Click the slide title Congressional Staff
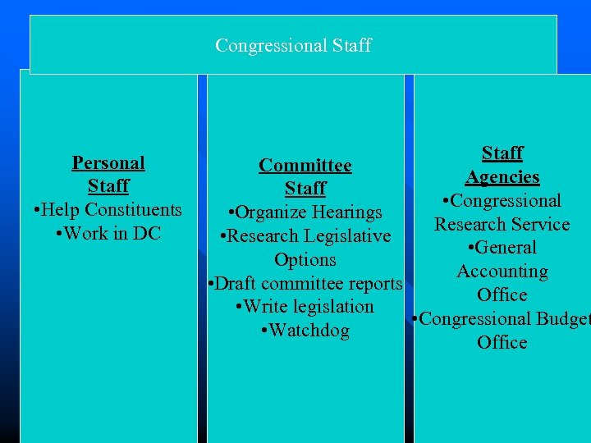[x=293, y=45]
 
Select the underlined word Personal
[x=108, y=162]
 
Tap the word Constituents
[x=135, y=210]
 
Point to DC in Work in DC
[x=147, y=233]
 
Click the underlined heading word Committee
[x=305, y=166]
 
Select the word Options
[x=305, y=260]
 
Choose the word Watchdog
[x=309, y=331]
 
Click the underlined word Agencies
[x=502, y=177]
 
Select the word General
[x=506, y=248]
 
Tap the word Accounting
[x=502, y=272]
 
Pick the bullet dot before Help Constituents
[x=38, y=210]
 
